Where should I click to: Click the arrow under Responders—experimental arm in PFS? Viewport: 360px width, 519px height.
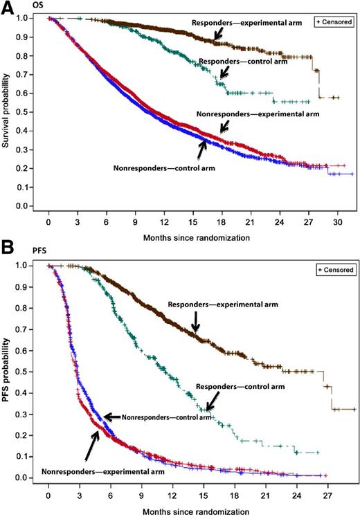coord(196,321)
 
